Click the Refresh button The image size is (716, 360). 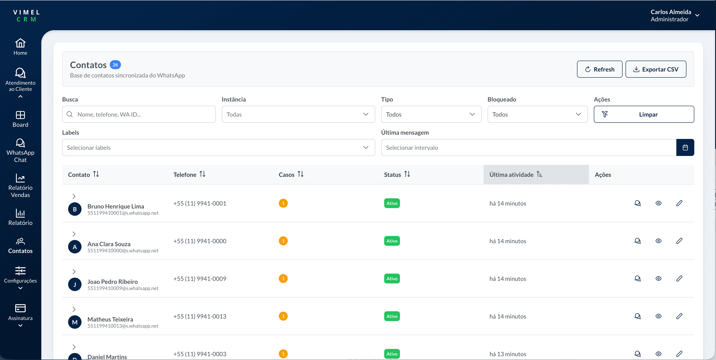[599, 69]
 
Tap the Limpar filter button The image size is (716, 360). [643, 114]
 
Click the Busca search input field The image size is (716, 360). [139, 114]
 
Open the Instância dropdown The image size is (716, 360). [298, 114]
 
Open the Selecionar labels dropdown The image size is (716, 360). [218, 147]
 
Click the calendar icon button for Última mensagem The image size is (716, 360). [685, 147]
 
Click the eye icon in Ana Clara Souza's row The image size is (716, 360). [658, 241]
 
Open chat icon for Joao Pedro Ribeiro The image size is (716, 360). [637, 279]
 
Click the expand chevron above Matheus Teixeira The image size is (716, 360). [74, 309]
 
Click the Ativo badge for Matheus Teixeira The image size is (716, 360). [392, 316]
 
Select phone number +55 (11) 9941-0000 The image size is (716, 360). [200, 241]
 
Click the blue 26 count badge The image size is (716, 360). [115, 65]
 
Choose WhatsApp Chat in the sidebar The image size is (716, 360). [20, 150]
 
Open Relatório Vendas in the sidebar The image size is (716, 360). [20, 185]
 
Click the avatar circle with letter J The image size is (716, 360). [75, 284]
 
